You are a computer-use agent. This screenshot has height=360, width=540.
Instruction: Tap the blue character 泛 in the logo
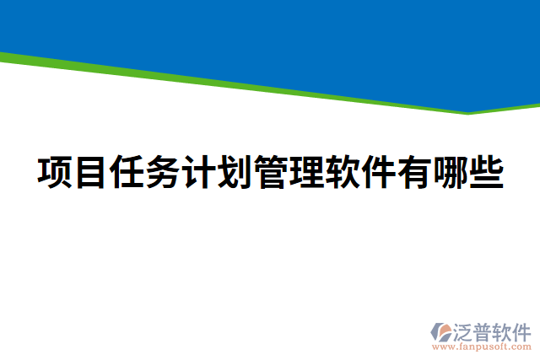465,330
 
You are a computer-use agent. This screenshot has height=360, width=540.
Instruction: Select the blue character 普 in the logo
485,330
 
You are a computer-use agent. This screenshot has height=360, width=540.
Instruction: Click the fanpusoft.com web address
482,347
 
